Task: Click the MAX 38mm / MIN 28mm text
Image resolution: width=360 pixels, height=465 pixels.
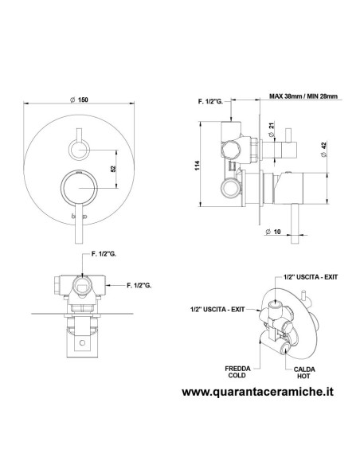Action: [x=303, y=96]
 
